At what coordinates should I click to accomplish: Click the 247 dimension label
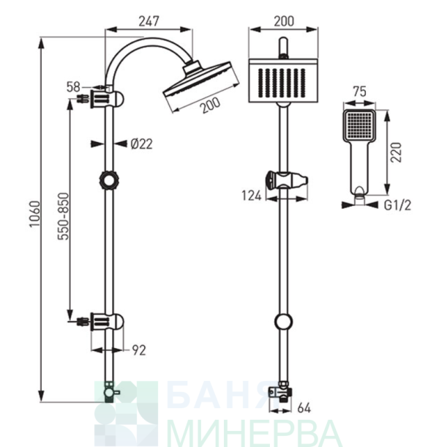149,21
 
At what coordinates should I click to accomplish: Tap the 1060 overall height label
35,214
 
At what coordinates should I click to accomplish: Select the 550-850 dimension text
63,216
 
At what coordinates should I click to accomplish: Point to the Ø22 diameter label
141,144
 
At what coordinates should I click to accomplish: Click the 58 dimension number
73,87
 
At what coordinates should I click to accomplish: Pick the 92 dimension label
139,350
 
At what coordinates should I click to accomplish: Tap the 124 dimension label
252,196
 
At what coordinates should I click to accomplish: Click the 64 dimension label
304,408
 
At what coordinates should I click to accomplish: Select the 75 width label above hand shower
359,92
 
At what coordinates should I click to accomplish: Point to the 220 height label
396,152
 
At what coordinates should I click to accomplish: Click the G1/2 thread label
397,205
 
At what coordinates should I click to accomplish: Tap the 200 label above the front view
284,21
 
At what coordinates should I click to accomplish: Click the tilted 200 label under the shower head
210,106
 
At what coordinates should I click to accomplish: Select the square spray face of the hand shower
359,125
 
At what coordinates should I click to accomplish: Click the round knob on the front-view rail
283,322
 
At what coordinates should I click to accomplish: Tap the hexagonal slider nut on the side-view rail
109,180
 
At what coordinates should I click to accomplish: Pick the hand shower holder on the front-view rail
286,180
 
